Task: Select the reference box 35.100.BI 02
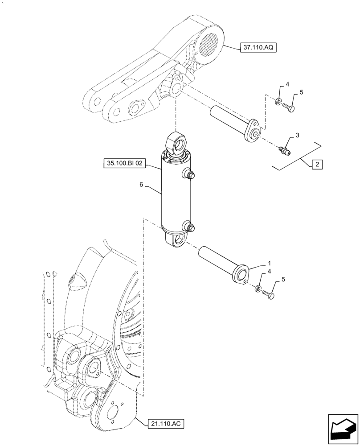coord(124,164)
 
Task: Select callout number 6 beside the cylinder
coord(141,184)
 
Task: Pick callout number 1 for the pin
coord(269,264)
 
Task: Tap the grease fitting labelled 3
coord(283,151)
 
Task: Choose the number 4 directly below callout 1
coord(270,272)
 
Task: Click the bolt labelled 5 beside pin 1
coord(270,294)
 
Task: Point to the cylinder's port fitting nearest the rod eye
coord(189,175)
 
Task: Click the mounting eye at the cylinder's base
coord(177,241)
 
